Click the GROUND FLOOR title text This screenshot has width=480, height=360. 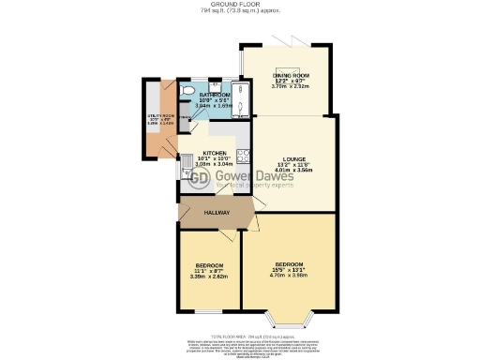pos(239,4)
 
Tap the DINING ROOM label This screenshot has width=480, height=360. pos(288,75)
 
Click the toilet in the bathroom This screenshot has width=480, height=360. pos(188,91)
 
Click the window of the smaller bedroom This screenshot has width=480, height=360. pos(205,308)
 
